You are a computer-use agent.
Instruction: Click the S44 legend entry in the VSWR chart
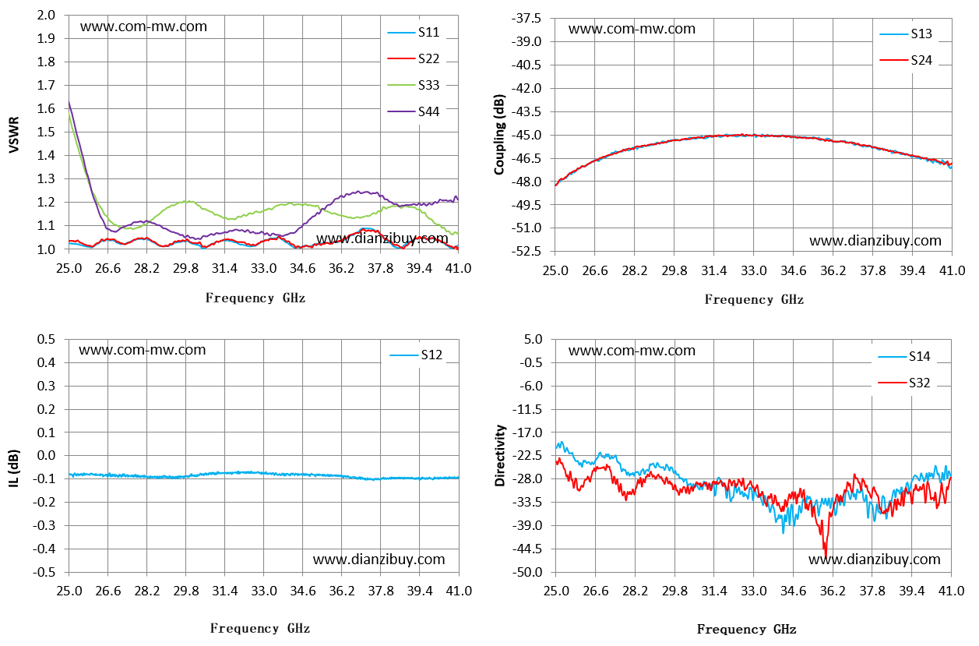click(414, 111)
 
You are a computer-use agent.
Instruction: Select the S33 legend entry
click(414, 85)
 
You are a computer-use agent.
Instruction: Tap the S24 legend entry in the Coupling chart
click(906, 60)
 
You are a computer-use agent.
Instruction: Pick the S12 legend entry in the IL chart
click(416, 355)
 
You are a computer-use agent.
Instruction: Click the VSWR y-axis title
click(14, 134)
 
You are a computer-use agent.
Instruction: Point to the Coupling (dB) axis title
click(499, 134)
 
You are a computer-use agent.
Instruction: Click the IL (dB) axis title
click(14, 468)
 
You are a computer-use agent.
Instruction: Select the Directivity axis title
click(499, 455)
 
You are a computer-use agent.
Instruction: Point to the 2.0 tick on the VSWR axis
click(46, 16)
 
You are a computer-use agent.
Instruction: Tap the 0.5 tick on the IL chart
click(46, 340)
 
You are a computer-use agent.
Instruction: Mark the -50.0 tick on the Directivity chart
click(527, 572)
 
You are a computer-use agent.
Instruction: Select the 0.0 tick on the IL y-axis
click(46, 456)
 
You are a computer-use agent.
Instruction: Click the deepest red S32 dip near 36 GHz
click(826, 556)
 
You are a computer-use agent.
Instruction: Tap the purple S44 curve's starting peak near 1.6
click(69, 102)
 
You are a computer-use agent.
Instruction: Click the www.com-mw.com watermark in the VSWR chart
click(143, 26)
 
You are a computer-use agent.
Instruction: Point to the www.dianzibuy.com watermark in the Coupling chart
click(875, 241)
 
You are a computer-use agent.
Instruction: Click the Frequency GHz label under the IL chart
click(260, 628)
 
